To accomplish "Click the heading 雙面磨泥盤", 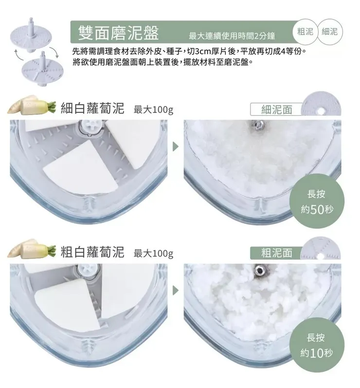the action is pos(118,33).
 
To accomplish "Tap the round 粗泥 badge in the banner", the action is pos(305,32).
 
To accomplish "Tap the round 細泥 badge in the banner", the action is pos(329,32).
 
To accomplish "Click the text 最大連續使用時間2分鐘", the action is pos(232,36).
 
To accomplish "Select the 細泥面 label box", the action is pos(276,110).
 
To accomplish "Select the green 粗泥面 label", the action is pos(276,253).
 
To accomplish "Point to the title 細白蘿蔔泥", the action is pos(92,108).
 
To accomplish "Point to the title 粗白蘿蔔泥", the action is pos(92,252).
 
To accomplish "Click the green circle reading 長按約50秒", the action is pos(317,201).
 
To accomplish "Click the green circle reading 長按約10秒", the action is pos(317,345).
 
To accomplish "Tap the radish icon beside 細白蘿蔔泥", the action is pos(32,106).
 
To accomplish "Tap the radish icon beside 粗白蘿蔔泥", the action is pos(32,249).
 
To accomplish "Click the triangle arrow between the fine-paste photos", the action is pos(175,147).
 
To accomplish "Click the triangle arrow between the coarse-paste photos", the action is pos(175,290).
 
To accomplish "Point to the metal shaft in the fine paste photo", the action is pos(259,125).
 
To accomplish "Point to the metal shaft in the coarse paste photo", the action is pos(259,270).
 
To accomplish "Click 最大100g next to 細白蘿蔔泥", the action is pos(153,110).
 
